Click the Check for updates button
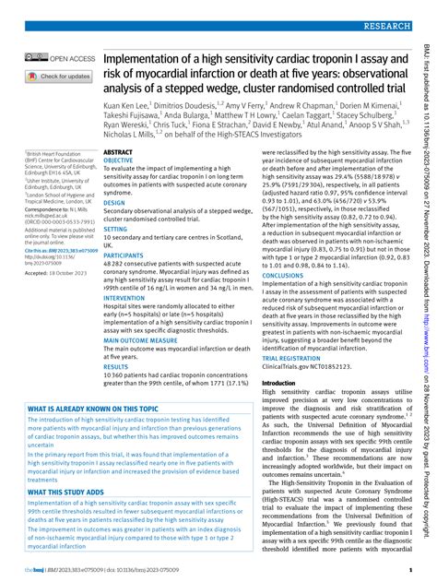click(58, 77)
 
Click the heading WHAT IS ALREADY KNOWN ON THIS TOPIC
click(93, 408)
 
